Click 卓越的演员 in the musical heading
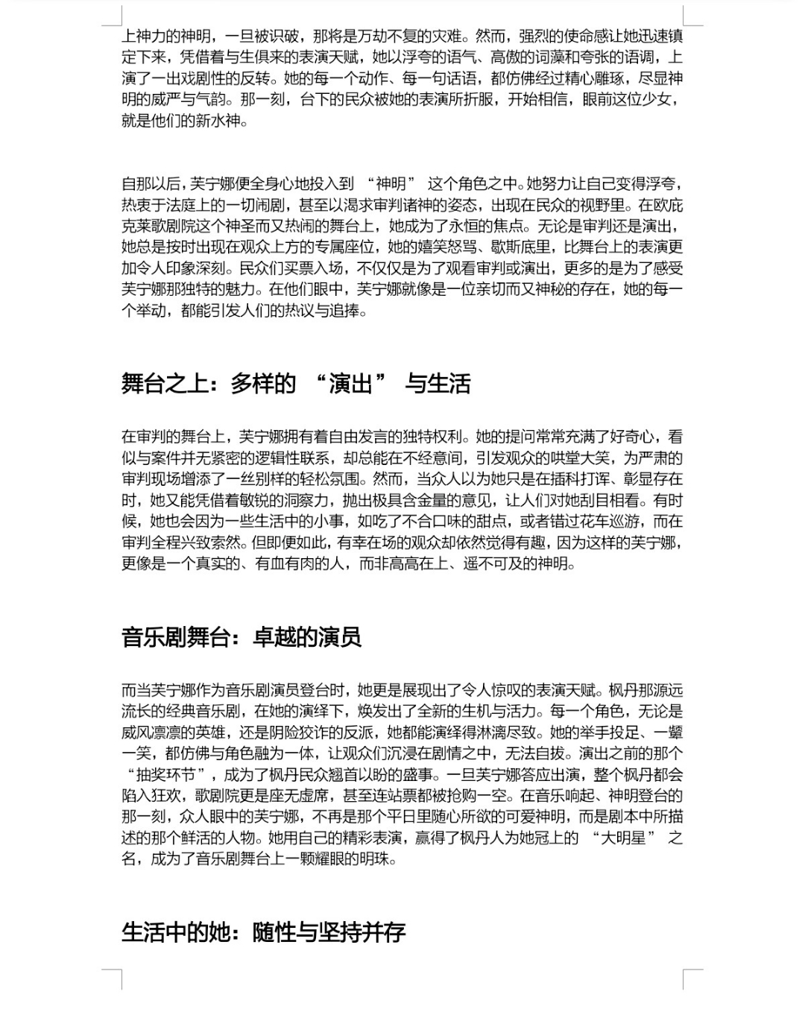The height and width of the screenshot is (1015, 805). pyautogui.click(x=307, y=637)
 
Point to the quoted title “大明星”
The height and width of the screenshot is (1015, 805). pyautogui.click(x=623, y=838)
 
